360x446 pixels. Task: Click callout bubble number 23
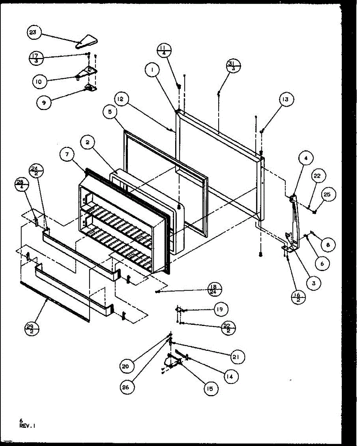click(33, 33)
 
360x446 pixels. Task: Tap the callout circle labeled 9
click(44, 103)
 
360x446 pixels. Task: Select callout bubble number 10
click(39, 81)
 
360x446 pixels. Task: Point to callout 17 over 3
click(36, 58)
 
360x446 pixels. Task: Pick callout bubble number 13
click(285, 100)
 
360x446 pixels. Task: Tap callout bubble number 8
click(328, 245)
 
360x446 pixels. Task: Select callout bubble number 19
click(221, 309)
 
